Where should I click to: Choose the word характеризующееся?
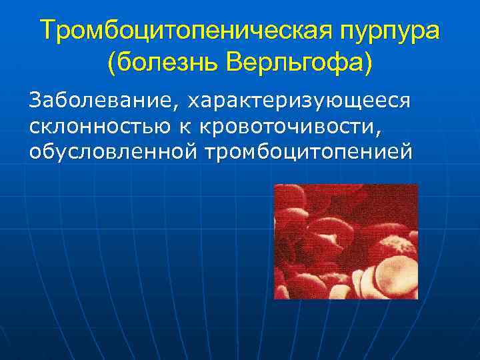pos(298,101)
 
